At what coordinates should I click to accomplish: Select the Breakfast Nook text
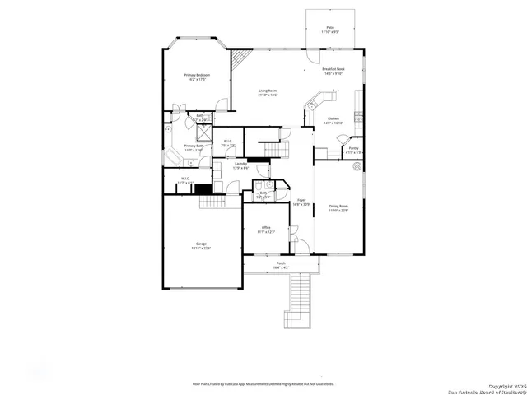(x=333, y=69)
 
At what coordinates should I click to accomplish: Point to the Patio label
(x=330, y=28)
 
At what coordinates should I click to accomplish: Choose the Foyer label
(x=301, y=200)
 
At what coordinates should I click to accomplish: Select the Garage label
(x=201, y=244)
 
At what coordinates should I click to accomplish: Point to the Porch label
(x=281, y=264)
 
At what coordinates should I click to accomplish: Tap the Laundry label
(x=240, y=165)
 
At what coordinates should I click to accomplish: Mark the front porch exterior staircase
(x=298, y=301)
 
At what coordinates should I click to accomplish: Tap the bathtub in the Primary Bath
(x=175, y=157)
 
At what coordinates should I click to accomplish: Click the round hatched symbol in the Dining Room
(x=357, y=166)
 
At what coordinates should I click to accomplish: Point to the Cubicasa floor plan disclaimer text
(x=263, y=383)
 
